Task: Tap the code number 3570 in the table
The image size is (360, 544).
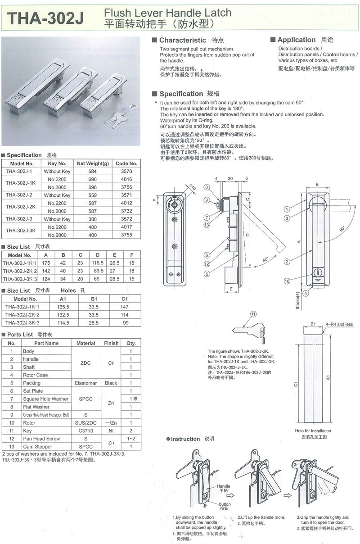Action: (126, 172)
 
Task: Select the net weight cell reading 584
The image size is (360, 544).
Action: (93, 172)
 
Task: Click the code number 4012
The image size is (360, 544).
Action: (126, 203)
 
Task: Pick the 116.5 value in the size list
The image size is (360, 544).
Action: (98, 263)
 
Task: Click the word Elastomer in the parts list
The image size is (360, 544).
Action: (85, 383)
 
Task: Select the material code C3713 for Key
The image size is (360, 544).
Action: (85, 431)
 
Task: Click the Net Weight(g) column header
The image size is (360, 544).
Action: (93, 163)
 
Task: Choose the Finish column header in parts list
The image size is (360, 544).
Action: (111, 343)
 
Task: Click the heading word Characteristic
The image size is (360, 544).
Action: (182, 41)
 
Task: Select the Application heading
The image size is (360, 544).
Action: (296, 40)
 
